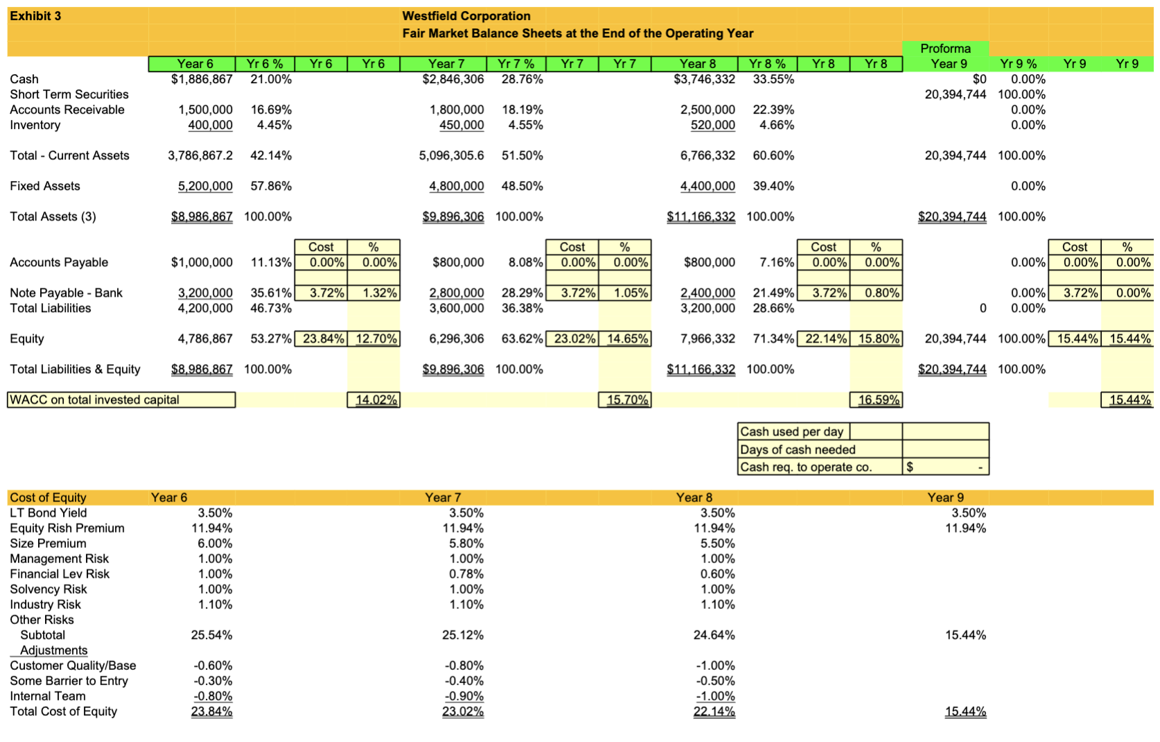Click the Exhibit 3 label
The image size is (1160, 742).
35,16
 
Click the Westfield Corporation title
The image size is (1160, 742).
466,16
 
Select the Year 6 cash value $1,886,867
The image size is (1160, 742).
202,79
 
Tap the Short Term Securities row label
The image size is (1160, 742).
69,94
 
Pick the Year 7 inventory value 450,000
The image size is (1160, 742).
462,125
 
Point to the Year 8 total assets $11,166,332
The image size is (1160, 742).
701,216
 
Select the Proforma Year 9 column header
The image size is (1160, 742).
947,56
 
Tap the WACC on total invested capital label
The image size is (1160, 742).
94,400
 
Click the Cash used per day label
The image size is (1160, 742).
791,431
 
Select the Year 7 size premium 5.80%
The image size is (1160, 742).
466,543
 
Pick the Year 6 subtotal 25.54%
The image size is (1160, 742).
211,635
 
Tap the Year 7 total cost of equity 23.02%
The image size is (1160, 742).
462,711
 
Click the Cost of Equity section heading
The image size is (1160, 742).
48,497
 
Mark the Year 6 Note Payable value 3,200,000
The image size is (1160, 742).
205,293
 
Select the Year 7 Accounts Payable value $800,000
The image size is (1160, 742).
458,262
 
